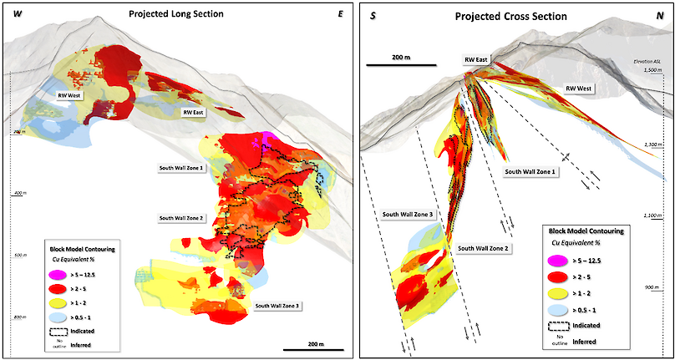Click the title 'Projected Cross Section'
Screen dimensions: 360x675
click(510, 17)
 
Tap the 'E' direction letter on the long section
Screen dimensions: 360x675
click(340, 14)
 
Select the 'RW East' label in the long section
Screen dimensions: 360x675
click(195, 112)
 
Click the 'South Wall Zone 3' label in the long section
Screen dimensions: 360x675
click(277, 306)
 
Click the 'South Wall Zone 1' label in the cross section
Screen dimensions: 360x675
click(531, 171)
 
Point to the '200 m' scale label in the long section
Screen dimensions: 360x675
click(312, 343)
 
